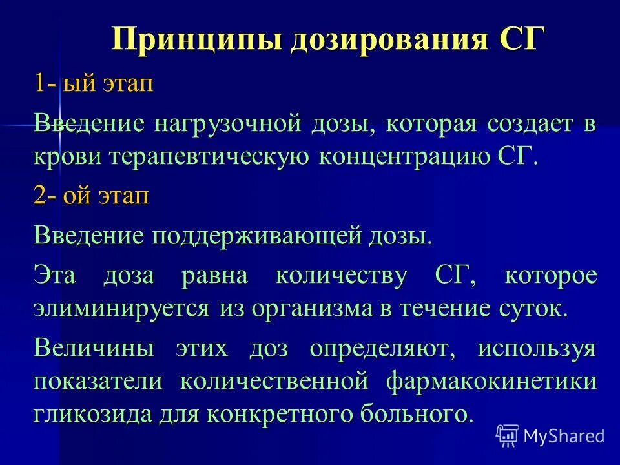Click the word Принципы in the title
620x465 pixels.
point(194,40)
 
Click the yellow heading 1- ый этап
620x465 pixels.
point(94,84)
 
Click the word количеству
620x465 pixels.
point(342,275)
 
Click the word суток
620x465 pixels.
point(533,308)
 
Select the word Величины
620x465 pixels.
point(94,349)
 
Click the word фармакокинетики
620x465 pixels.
point(491,381)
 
